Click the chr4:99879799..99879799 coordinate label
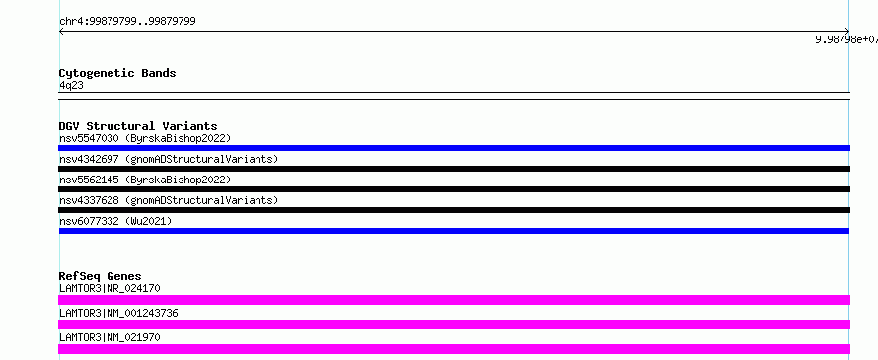click(x=127, y=22)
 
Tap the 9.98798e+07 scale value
click(x=846, y=39)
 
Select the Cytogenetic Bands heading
click(x=117, y=73)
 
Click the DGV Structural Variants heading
click(x=138, y=126)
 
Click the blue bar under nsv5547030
click(x=454, y=148)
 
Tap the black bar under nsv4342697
click(x=454, y=169)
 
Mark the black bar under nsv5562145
click(x=454, y=189)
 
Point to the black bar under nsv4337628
click(x=454, y=210)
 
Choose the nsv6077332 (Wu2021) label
click(x=115, y=221)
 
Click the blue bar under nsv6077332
click(x=454, y=231)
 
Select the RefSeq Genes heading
click(x=101, y=276)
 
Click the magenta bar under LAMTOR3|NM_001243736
click(x=454, y=324)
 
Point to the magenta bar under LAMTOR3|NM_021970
click(x=454, y=349)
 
